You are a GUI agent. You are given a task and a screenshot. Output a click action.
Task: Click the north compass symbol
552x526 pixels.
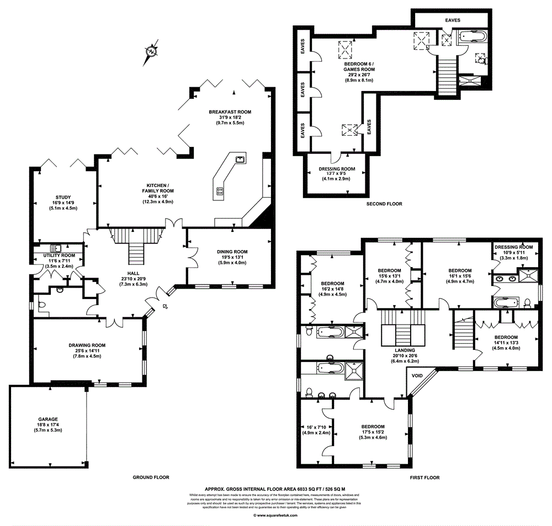(151, 52)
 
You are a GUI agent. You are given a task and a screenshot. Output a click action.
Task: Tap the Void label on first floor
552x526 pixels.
(417, 376)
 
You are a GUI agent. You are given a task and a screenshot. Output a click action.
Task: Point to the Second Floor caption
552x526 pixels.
(384, 204)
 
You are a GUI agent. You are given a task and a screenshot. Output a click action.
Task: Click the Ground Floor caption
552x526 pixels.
(151, 477)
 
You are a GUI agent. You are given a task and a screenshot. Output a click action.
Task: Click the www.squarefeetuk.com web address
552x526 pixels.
(275, 516)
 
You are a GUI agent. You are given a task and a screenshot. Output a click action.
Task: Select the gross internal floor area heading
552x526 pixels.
(275, 489)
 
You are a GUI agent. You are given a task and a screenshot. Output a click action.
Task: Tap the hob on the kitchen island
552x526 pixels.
(220, 192)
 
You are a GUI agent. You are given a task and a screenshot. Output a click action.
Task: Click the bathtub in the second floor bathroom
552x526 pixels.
(473, 38)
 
